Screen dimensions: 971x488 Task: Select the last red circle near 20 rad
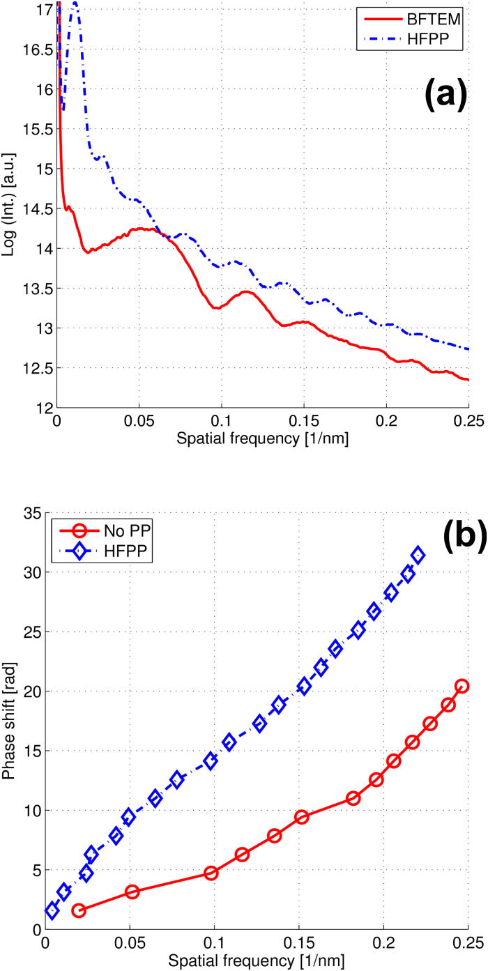[x=461, y=686]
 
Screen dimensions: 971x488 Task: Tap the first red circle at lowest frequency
[x=79, y=910]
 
